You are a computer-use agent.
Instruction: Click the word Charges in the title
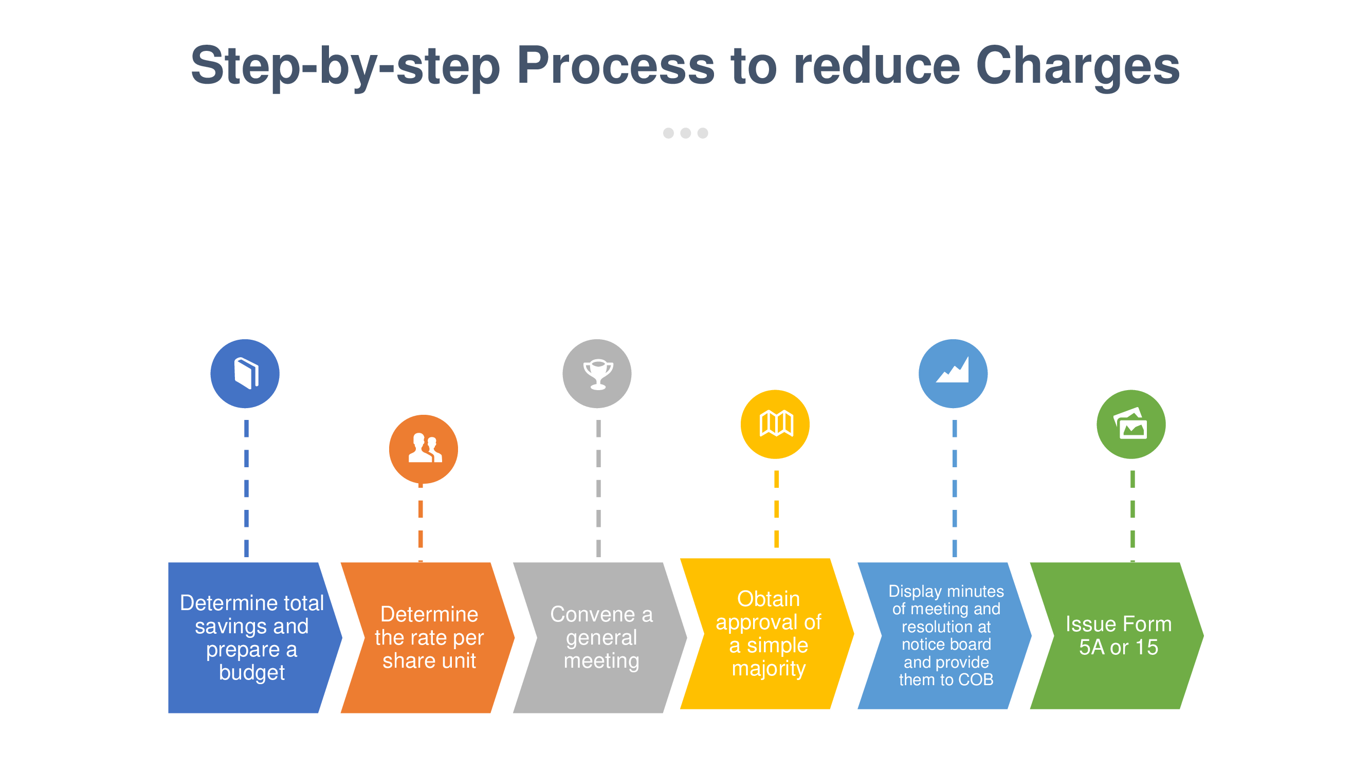1078,66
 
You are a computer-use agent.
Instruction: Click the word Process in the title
616,65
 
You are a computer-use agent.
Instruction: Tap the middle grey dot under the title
686,133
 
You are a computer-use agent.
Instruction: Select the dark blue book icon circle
245,374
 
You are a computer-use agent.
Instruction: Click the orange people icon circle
423,449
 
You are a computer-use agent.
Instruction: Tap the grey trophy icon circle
597,374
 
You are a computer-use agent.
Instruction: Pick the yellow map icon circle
775,424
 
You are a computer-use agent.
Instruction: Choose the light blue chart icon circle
953,374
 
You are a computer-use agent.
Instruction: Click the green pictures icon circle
1131,424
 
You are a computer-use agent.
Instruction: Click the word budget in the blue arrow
252,672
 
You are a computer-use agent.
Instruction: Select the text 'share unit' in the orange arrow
429,661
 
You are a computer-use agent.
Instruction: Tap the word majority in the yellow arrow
769,668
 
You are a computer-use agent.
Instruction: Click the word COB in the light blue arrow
976,680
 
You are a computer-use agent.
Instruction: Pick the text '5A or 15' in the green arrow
1118,647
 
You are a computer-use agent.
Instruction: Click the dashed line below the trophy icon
598,488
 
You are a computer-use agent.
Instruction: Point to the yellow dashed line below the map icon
777,509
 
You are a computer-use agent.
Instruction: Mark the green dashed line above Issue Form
1132,516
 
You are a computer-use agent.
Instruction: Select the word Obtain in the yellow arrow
769,599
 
